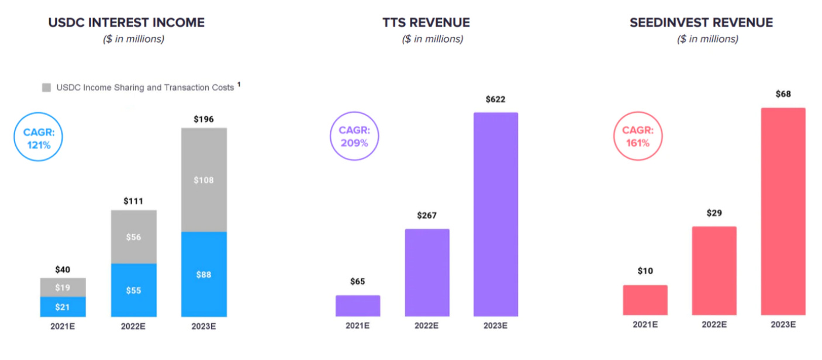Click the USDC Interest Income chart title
[126, 23]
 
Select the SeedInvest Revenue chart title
[701, 23]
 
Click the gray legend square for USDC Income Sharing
[47, 88]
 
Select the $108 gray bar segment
[203, 180]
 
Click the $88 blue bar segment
[203, 274]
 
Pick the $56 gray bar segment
[134, 237]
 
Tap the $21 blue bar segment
[63, 307]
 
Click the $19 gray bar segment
[63, 288]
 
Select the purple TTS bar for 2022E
[427, 272]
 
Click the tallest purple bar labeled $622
[496, 214]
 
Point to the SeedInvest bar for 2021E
[645, 300]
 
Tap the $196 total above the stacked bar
[203, 119]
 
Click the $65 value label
[357, 282]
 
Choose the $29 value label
[714, 213]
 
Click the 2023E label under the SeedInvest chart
[783, 325]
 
